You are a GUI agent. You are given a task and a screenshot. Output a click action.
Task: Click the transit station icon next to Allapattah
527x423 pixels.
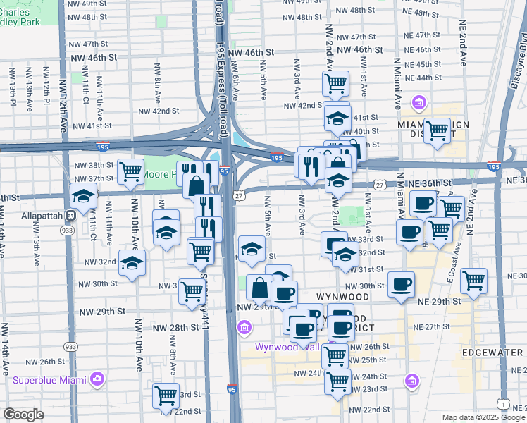coord(70,214)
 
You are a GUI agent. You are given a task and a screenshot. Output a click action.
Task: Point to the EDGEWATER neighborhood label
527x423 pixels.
coord(492,351)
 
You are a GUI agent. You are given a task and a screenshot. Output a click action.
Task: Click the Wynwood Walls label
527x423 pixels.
coord(283,347)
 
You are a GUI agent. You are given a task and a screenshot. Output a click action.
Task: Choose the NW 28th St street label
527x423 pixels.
coord(176,328)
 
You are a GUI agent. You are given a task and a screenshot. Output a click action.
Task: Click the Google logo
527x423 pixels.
coord(23,415)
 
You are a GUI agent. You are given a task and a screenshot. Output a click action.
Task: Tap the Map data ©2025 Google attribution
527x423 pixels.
coord(483,417)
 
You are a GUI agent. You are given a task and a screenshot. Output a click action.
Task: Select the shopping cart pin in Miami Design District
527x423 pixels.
coord(437,130)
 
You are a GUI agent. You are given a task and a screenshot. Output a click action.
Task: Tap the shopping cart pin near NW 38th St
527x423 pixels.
coord(130,171)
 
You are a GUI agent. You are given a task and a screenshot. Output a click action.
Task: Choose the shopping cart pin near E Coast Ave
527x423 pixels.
coord(473,280)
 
